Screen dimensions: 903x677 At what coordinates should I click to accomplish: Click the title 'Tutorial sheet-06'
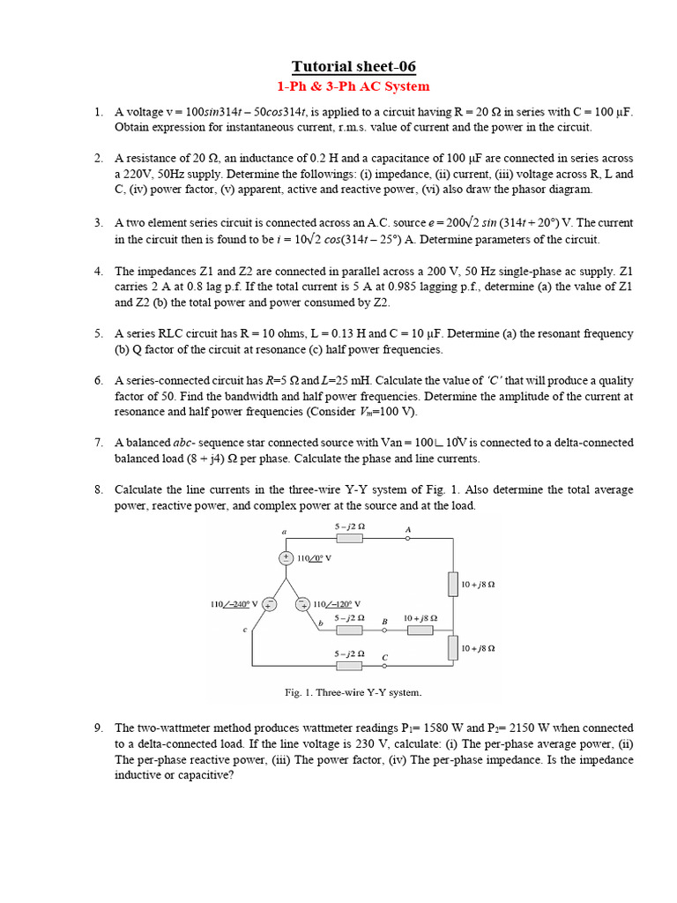tap(353, 67)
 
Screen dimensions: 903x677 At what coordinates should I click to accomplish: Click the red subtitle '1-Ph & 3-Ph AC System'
tap(353, 86)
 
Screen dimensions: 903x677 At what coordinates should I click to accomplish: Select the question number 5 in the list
tap(99, 334)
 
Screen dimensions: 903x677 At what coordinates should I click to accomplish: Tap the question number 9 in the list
tap(99, 728)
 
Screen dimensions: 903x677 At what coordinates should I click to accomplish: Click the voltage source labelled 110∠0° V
tap(286, 558)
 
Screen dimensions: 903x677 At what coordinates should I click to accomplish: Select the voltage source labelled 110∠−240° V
tap(270, 604)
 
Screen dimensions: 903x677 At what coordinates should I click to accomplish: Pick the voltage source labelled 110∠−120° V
tap(301, 604)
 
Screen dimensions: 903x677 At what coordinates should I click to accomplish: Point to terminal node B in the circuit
tap(385, 631)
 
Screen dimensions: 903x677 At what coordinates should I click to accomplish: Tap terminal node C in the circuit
tap(385, 666)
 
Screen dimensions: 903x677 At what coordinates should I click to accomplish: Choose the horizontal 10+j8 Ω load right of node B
tap(420, 631)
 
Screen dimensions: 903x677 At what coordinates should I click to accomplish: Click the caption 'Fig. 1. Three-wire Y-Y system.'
tap(353, 692)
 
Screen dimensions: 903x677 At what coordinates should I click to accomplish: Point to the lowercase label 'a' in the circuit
tap(284, 532)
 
